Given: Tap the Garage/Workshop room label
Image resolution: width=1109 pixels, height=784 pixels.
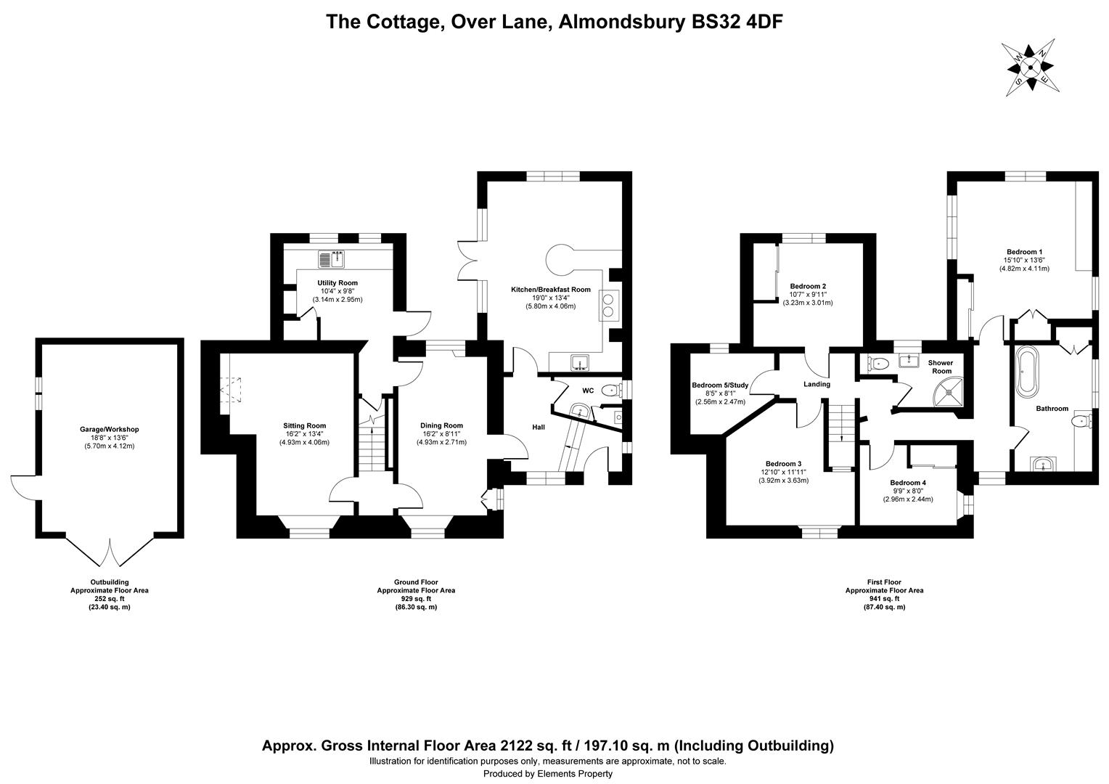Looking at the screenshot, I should [x=109, y=429].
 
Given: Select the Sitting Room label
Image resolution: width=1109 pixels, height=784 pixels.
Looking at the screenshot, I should [x=304, y=425].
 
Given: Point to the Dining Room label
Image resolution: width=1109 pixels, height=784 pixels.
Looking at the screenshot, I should [x=441, y=425].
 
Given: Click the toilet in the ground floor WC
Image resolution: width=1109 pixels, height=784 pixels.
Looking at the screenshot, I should [x=610, y=391].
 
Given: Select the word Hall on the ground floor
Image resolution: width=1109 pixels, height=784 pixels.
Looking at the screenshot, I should [x=538, y=427].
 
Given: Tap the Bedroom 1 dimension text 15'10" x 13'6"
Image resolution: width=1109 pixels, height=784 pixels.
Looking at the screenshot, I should [x=1023, y=260].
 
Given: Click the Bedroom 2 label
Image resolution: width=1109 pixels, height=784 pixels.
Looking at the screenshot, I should [x=807, y=286].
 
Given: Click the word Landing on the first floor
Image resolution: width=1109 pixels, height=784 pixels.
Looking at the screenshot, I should [x=817, y=384].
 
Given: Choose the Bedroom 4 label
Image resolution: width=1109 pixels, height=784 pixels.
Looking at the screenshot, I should [x=907, y=483].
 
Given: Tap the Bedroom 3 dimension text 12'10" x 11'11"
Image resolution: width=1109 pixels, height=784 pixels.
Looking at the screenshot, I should [x=783, y=472].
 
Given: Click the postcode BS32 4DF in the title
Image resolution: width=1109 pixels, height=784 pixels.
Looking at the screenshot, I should [x=734, y=22].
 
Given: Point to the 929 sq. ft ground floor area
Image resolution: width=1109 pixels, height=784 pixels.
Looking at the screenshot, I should [x=416, y=598].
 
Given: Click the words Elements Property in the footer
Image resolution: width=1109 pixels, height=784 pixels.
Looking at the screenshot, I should [x=574, y=774].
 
